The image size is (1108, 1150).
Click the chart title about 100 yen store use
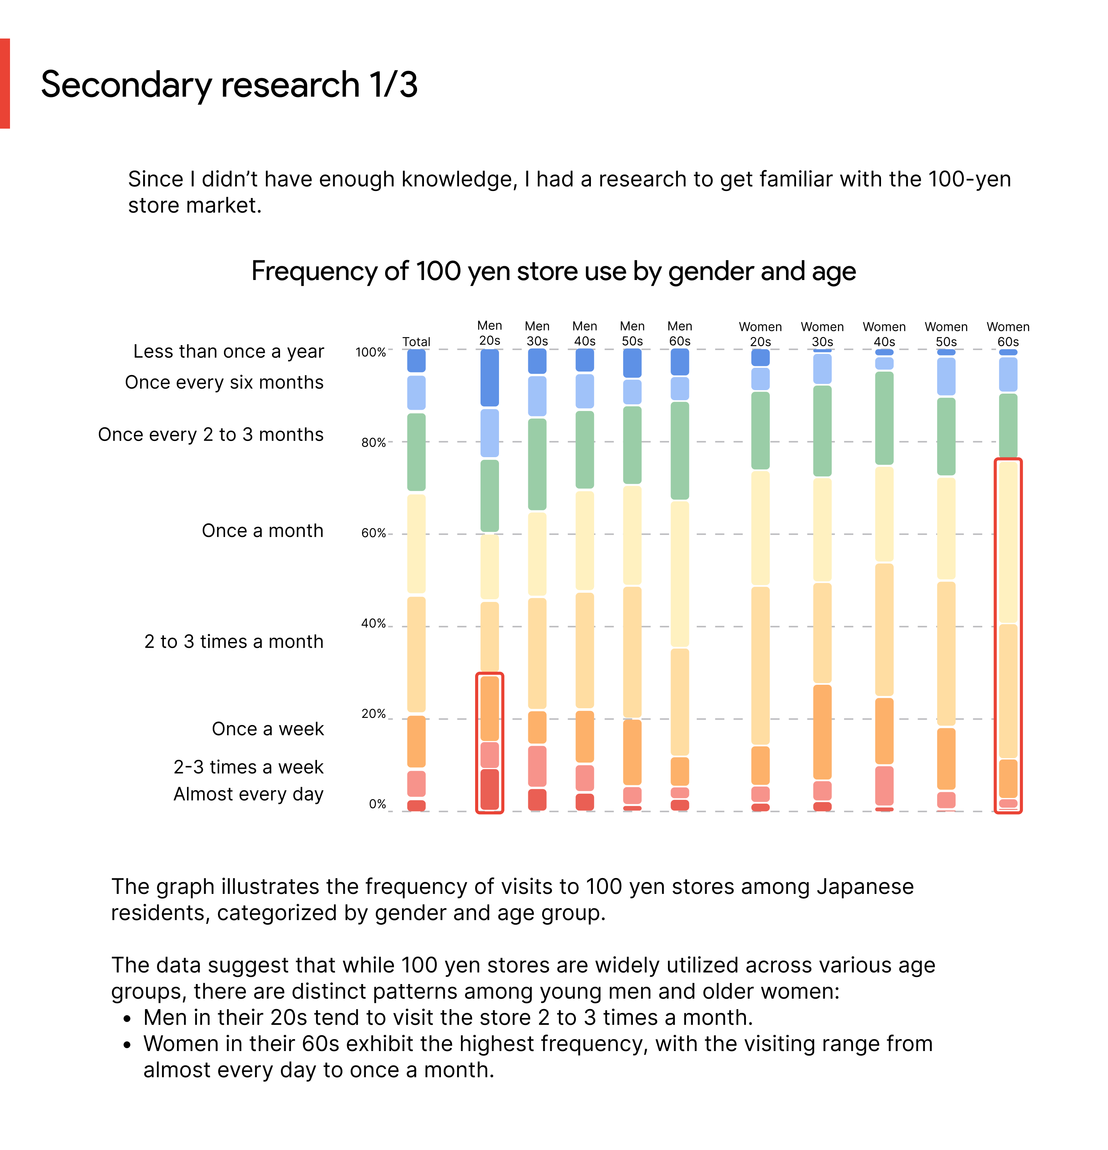coord(553,271)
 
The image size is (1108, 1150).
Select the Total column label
coord(416,342)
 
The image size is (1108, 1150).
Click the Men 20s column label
coord(489,333)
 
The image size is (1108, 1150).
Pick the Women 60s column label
coord(1008,334)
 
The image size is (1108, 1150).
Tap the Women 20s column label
coord(760,334)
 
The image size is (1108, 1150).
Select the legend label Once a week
coord(267,729)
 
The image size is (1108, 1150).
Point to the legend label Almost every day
coord(248,794)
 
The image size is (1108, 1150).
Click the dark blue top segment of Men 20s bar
coord(489,377)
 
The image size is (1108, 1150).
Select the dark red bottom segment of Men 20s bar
coord(489,789)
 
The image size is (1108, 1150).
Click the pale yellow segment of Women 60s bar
coord(1008,541)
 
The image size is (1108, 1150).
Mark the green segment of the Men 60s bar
coord(679,450)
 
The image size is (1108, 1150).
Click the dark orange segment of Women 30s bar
coord(822,732)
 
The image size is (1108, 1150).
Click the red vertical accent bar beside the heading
coord(5,83)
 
